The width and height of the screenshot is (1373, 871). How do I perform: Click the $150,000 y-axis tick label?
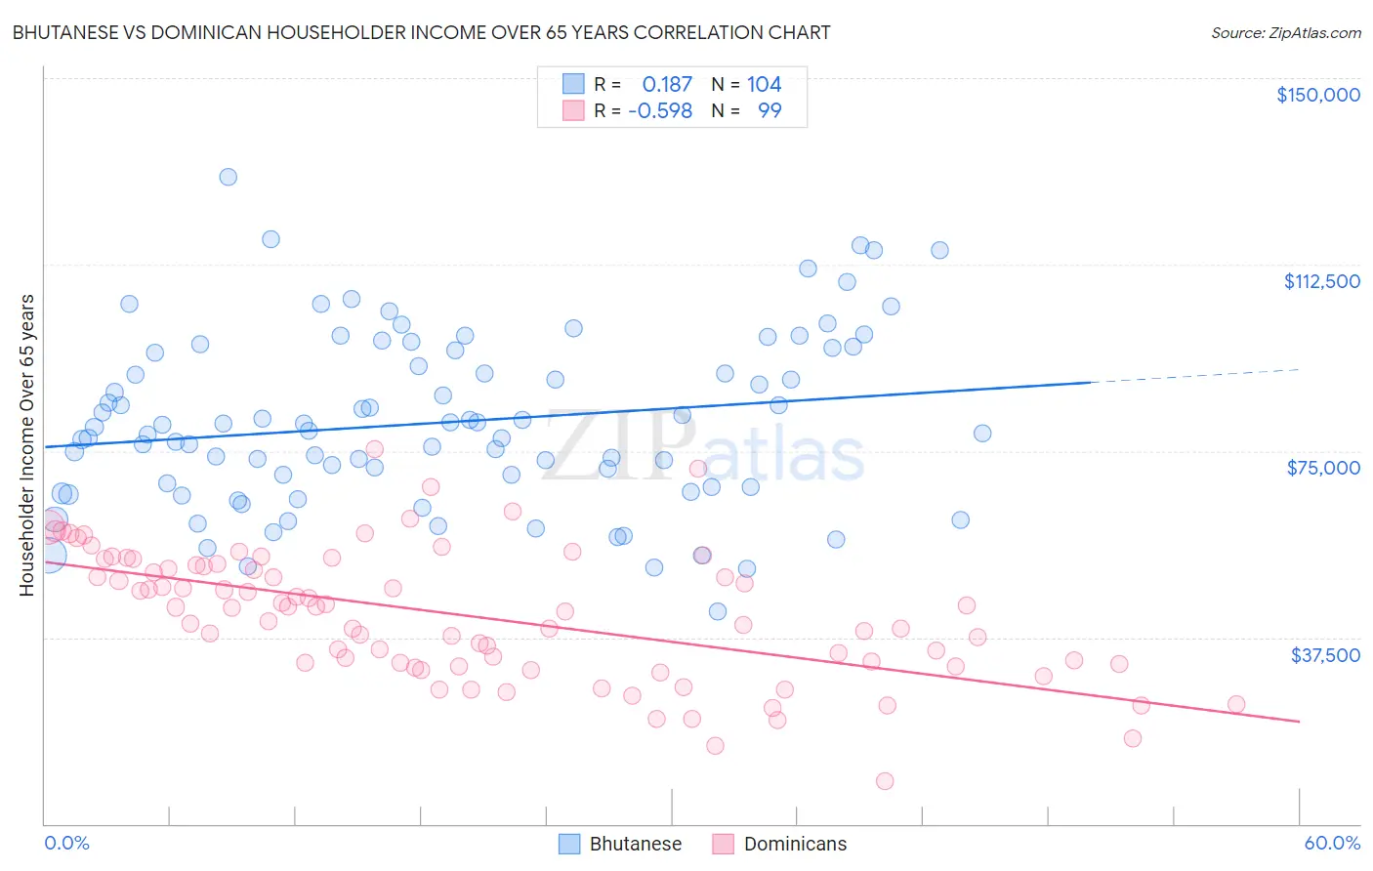[1317, 95]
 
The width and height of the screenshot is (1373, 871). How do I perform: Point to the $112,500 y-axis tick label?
[1321, 281]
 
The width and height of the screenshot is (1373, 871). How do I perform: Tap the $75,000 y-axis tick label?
[1323, 468]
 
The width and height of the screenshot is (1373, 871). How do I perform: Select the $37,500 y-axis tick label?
[1325, 655]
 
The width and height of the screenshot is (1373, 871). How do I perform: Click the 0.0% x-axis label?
[66, 843]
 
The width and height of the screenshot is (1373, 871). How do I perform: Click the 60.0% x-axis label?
[1331, 843]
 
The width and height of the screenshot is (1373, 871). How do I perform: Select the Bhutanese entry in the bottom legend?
[635, 844]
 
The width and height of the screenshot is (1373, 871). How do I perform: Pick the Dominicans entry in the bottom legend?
[795, 844]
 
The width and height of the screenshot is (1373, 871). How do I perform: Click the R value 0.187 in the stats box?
[667, 85]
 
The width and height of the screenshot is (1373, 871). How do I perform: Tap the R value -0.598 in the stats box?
[660, 110]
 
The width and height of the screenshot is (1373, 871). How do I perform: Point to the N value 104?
[764, 85]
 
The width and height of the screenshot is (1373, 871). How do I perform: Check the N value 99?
[770, 110]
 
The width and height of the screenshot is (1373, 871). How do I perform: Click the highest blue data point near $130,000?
[228, 177]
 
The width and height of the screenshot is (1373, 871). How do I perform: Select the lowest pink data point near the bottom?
[885, 781]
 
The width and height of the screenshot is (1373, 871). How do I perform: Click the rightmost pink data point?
[1236, 704]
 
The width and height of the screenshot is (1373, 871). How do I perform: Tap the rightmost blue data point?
[982, 434]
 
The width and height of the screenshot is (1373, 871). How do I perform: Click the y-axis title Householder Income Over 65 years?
[26, 444]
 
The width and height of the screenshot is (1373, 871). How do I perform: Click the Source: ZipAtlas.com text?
[1285, 33]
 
